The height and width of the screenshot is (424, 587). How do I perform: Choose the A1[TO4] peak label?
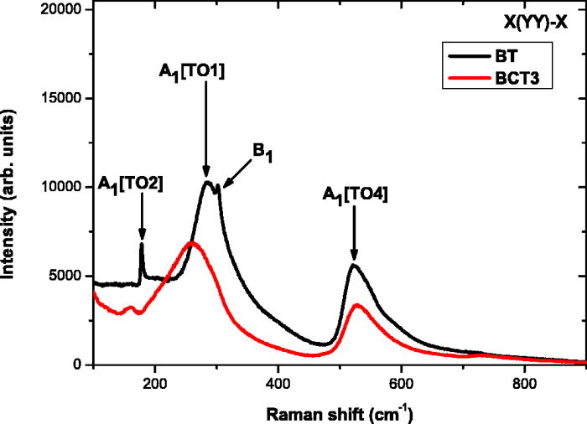(x=356, y=195)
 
